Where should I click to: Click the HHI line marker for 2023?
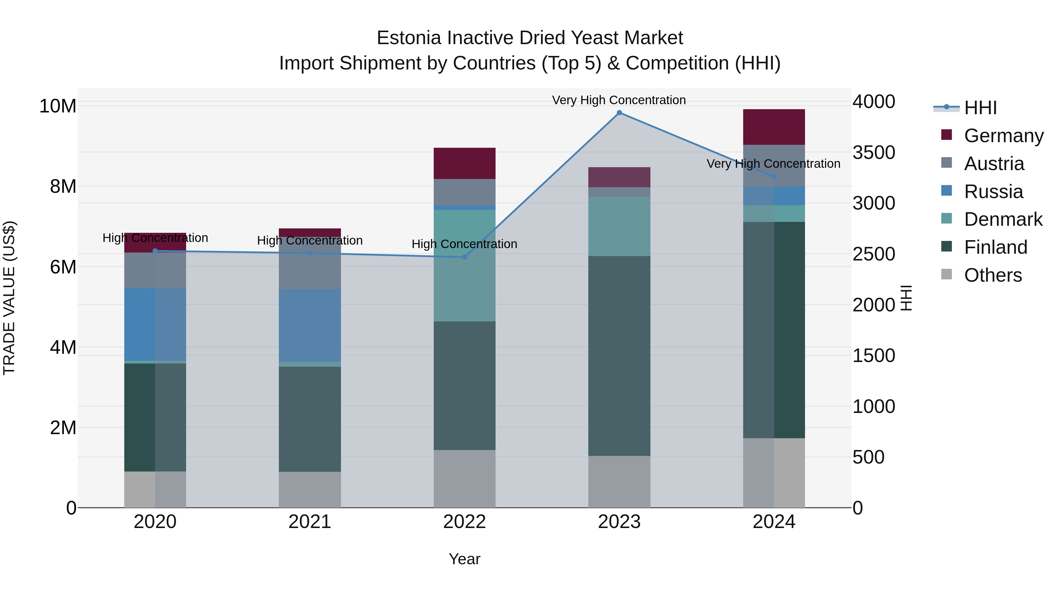tap(619, 113)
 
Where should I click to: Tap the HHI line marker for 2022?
tap(465, 257)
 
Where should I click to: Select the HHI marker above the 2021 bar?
tap(310, 253)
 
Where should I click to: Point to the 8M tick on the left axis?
tap(63, 186)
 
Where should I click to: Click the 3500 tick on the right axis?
tap(873, 152)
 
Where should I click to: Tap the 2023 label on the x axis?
tap(619, 522)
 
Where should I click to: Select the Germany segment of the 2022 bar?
tap(465, 163)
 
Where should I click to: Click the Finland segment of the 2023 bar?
tap(619, 356)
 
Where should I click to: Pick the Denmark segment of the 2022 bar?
tap(465, 266)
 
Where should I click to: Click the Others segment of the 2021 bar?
tap(310, 489)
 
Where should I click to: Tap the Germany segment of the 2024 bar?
tap(774, 127)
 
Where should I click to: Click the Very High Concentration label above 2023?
tap(619, 100)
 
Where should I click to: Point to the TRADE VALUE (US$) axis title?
tap(9, 298)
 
